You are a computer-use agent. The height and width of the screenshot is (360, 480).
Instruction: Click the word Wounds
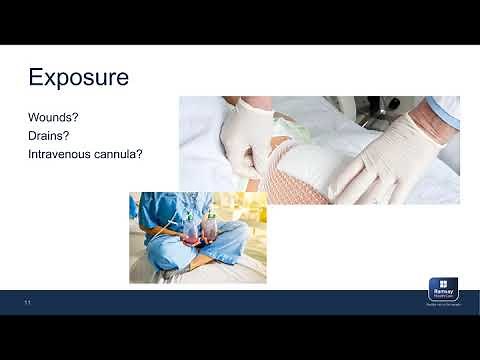pyautogui.click(x=50, y=117)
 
